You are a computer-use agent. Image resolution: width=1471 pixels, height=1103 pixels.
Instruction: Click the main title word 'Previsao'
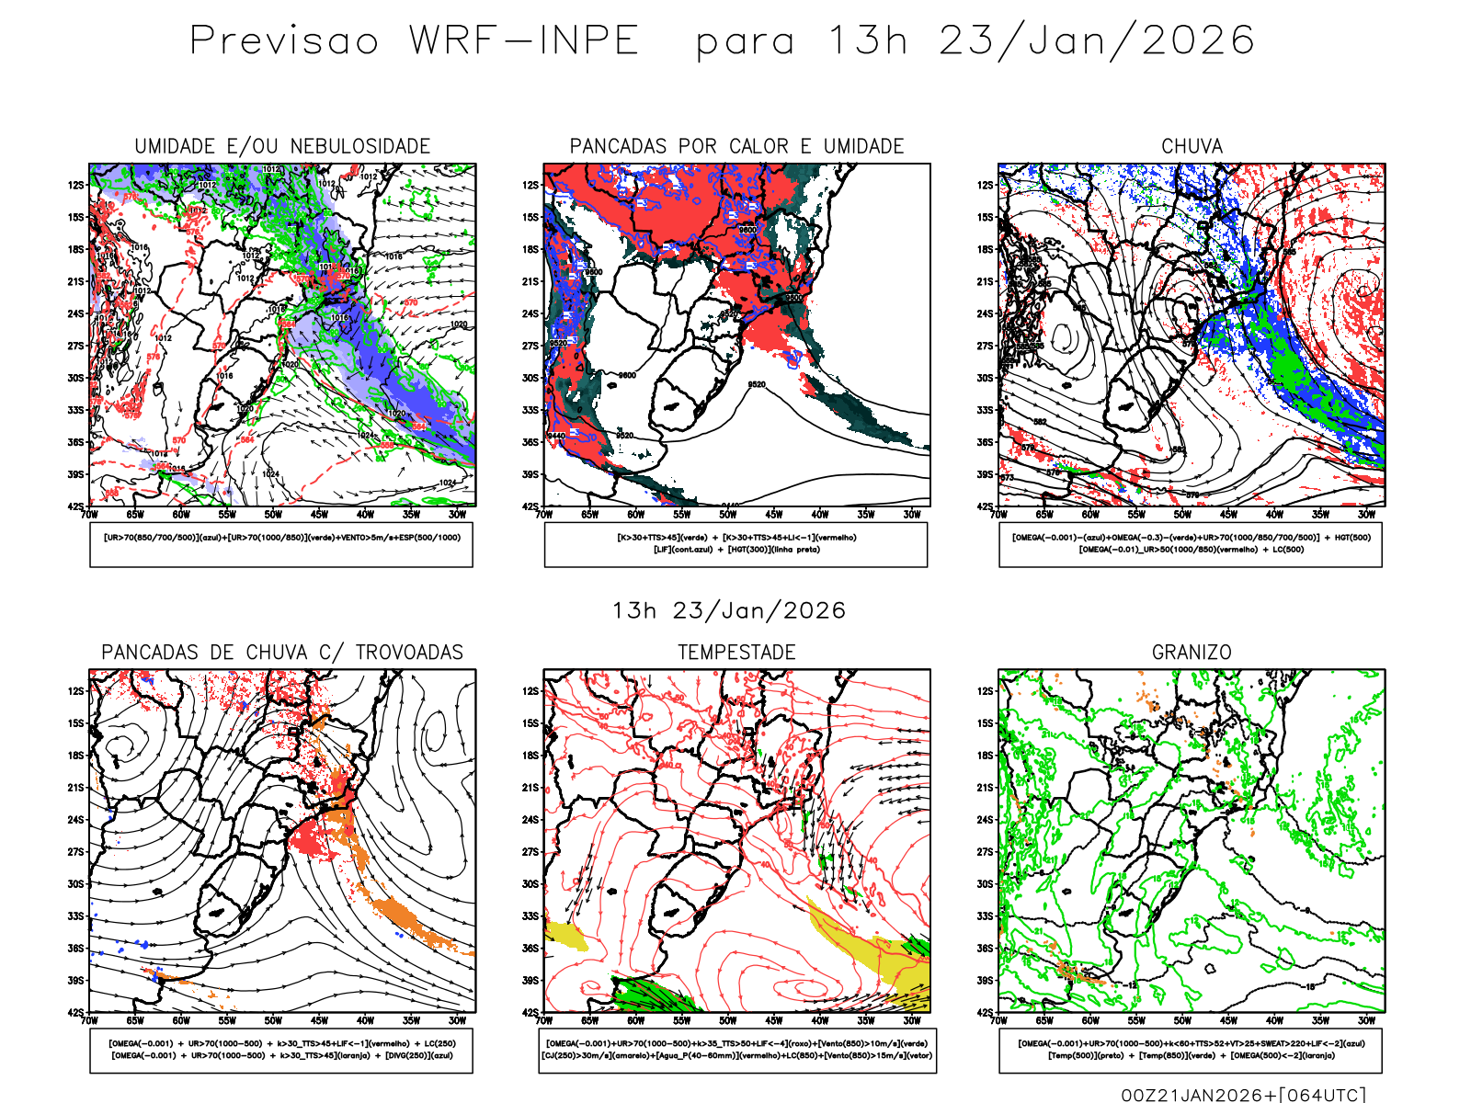(284, 41)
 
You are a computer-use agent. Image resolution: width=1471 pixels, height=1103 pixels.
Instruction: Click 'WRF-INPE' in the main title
(524, 41)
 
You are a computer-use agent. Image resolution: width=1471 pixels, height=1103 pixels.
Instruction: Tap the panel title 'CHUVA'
(1192, 146)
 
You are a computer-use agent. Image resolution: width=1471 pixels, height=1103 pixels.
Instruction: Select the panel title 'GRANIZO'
(1192, 653)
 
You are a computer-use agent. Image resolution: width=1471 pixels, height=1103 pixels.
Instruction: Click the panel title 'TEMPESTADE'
(736, 653)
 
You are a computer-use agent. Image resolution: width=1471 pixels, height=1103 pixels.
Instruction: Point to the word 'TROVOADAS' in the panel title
(409, 653)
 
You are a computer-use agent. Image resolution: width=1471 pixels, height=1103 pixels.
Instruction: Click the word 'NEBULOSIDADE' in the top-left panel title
(360, 146)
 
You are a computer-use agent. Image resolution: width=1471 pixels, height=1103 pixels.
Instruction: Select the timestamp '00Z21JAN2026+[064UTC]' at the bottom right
(1243, 1095)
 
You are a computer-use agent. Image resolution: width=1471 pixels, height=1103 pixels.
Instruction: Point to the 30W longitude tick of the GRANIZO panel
(1366, 1020)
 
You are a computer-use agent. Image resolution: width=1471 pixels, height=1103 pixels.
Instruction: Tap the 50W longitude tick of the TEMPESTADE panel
(727, 1020)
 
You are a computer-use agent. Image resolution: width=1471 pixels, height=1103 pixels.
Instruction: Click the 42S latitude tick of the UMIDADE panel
(75, 506)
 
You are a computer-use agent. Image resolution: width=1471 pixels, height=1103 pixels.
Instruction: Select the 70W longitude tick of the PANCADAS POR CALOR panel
(544, 515)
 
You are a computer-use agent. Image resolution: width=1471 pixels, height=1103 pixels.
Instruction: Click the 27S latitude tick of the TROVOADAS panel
(75, 852)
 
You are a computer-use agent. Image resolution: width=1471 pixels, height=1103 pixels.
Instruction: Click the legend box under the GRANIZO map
(1191, 1050)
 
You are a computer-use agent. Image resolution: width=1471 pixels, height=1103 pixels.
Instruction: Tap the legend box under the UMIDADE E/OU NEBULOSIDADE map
(281, 544)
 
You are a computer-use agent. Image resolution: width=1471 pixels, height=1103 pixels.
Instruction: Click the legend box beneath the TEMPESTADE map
(736, 1050)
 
